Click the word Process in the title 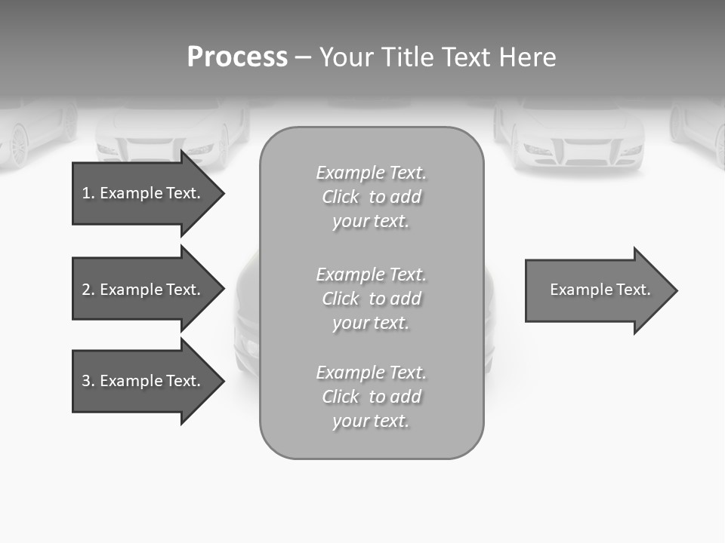click(237, 57)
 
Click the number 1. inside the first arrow click(88, 193)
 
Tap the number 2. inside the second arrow click(88, 290)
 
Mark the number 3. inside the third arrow click(88, 381)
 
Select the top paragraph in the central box click(372, 197)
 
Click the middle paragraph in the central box click(372, 298)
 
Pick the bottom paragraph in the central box click(372, 397)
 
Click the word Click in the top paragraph click(341, 197)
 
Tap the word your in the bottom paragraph click(349, 421)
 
